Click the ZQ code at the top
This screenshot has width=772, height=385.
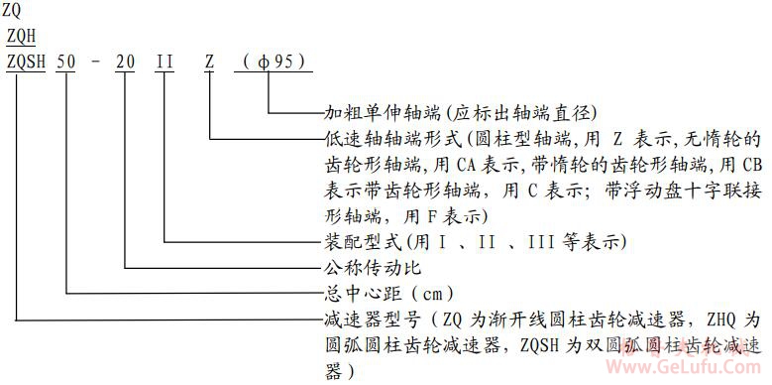(x=13, y=11)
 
